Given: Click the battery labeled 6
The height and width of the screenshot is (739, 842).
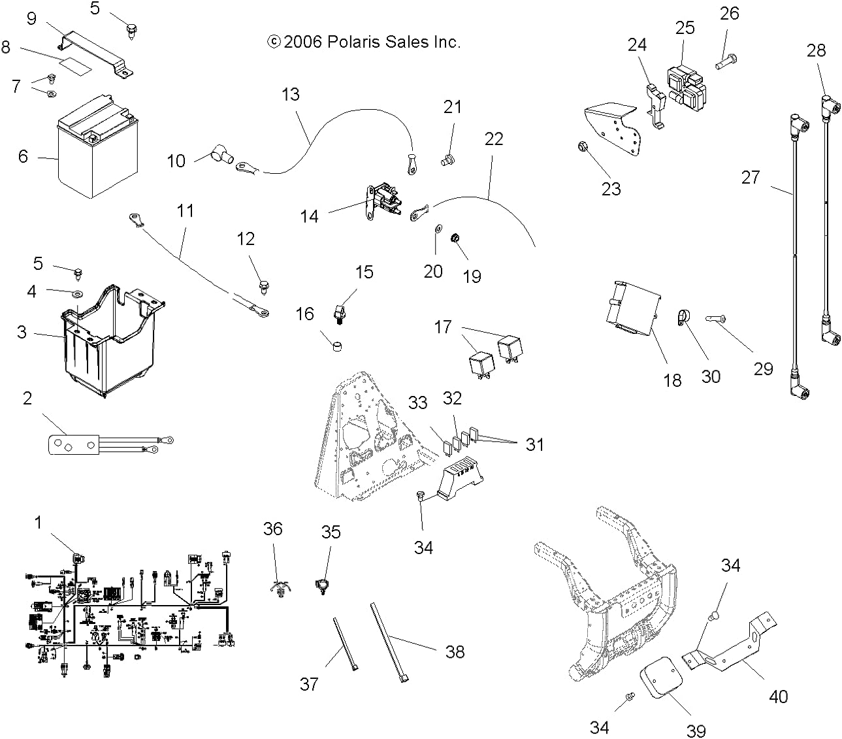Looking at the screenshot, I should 97,147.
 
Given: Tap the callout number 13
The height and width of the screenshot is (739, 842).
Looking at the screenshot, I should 290,95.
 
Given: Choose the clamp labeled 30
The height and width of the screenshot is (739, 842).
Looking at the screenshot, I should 681,318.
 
